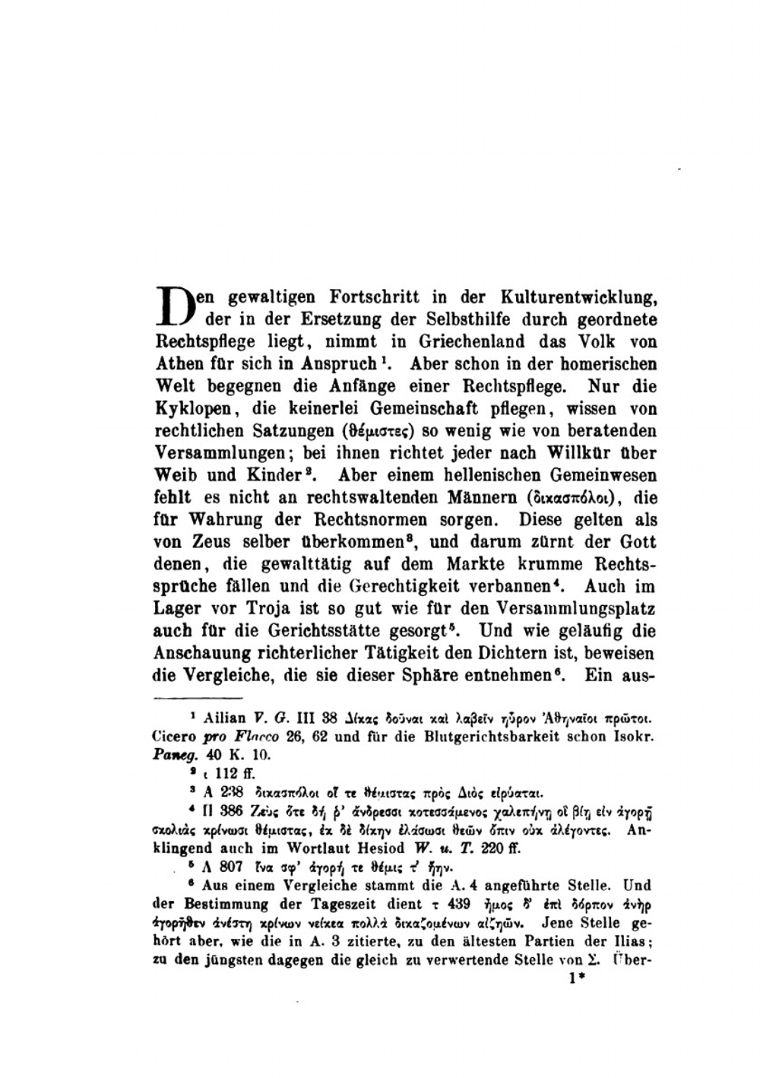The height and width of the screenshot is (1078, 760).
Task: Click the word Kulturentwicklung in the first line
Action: [x=579, y=297]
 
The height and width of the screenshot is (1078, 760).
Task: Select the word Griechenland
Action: [x=445, y=341]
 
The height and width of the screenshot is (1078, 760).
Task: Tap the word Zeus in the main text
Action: [x=214, y=542]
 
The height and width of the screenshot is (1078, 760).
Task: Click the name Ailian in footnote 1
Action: [x=227, y=717]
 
